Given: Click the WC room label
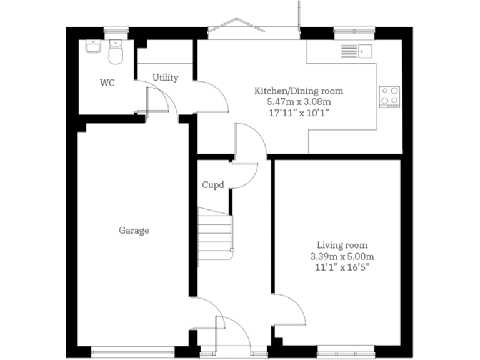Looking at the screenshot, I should pyautogui.click(x=107, y=83).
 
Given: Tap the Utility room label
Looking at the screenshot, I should pyautogui.click(x=166, y=77).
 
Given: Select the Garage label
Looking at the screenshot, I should pyautogui.click(x=134, y=231).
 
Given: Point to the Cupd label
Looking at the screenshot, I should pyautogui.click(x=213, y=185).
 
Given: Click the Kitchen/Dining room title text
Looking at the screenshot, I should pyautogui.click(x=298, y=91).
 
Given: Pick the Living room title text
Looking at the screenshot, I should pyautogui.click(x=342, y=245).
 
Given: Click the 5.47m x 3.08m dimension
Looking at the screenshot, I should pyautogui.click(x=298, y=102).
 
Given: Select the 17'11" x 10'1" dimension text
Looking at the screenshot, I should pyautogui.click(x=298, y=112).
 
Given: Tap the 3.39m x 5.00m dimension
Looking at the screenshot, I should pyautogui.click(x=342, y=256).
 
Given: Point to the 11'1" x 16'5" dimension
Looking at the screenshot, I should pyautogui.click(x=342, y=267).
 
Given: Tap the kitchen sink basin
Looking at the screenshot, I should pyautogui.click(x=366, y=50).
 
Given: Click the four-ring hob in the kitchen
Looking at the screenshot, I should pyautogui.click(x=390, y=95).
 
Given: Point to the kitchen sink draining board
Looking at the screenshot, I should pyautogui.click(x=349, y=50).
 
